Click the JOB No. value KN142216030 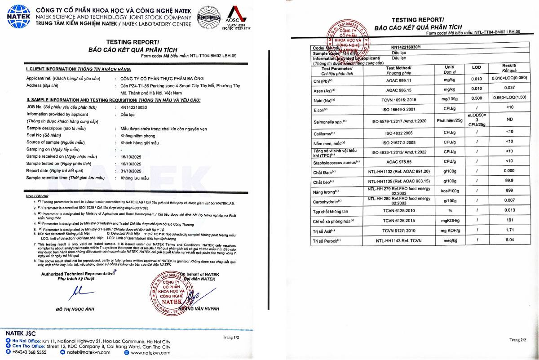point(134,108)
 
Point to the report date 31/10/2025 point(131,171)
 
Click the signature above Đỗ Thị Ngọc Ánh point(76,293)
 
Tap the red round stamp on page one point(170,293)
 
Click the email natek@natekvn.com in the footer point(88,352)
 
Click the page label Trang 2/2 point(517,340)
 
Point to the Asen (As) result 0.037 point(509,88)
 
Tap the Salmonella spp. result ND point(509,120)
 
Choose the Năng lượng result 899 point(509,191)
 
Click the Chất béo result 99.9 point(509,181)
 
